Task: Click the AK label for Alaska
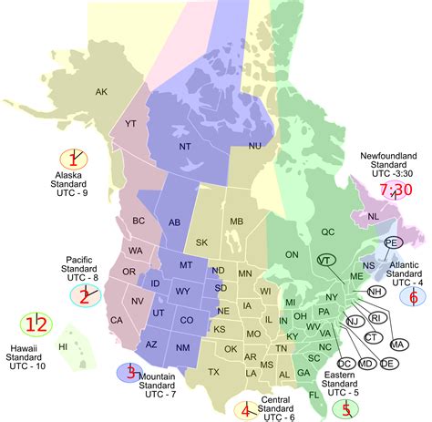101,91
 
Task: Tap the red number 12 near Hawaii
36,324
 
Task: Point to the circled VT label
325,261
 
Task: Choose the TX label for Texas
213,372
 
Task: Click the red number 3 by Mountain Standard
131,372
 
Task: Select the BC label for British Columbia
139,221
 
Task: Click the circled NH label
375,292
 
